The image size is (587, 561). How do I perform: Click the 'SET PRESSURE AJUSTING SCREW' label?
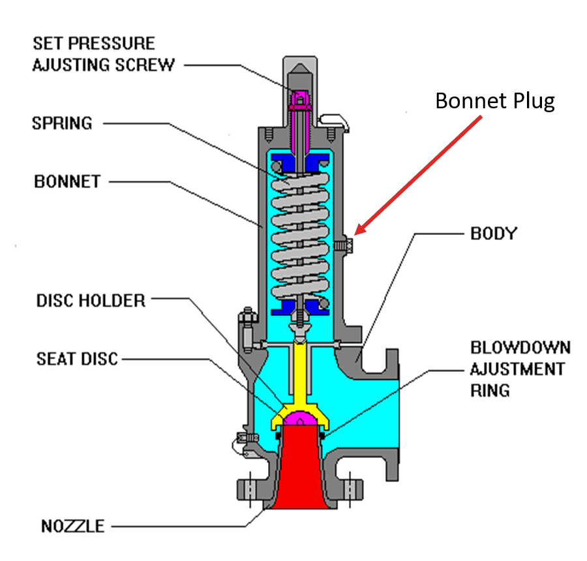103,54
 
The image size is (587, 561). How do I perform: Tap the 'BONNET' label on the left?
67,181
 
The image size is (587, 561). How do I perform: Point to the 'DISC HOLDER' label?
90,300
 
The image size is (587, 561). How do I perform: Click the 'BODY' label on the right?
493,233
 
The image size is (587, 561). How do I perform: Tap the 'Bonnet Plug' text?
495,101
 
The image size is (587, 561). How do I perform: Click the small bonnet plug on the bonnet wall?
344,245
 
